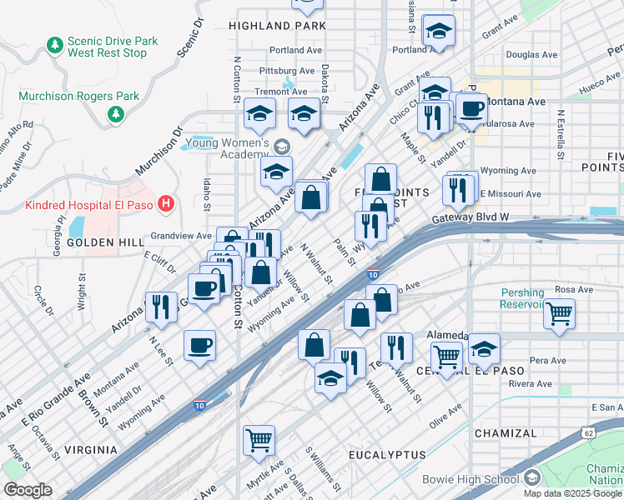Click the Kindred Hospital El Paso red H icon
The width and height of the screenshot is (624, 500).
click(x=167, y=202)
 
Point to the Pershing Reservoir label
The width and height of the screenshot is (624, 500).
click(x=522, y=298)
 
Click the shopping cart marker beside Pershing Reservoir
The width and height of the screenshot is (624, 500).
click(x=559, y=314)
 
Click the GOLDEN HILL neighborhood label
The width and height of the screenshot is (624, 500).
click(x=94, y=242)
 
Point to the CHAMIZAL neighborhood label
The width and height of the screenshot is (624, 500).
click(x=506, y=433)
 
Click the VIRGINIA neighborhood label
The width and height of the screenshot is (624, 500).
click(x=90, y=449)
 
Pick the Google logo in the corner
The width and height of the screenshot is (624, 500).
click(x=28, y=490)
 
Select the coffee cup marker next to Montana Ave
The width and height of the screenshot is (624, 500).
click(x=471, y=108)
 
